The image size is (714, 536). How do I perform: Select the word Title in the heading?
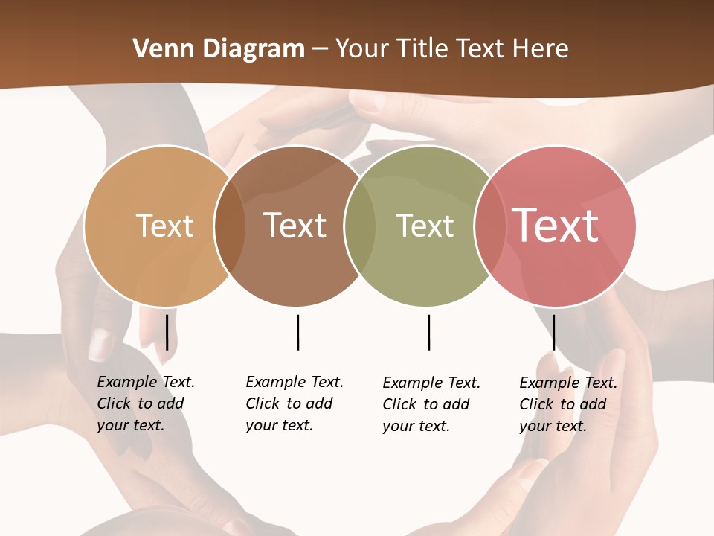[425, 49]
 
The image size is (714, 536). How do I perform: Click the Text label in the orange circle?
[164, 226]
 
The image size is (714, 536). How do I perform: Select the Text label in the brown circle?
[295, 226]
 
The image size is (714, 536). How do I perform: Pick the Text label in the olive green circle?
[425, 226]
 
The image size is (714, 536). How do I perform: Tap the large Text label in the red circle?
[555, 226]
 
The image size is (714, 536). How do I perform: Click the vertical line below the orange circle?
[167, 332]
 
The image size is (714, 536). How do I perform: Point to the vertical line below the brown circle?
[297, 332]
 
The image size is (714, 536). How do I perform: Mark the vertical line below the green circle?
[428, 332]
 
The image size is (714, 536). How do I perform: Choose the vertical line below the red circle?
[553, 332]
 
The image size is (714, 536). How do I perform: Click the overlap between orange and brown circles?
[230, 226]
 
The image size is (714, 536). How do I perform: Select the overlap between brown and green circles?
[360, 226]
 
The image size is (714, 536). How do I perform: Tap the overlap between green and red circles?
[489, 226]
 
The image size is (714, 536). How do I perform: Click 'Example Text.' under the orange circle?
[146, 382]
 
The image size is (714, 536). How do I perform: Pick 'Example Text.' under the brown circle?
[295, 382]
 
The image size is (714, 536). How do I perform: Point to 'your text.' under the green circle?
[416, 427]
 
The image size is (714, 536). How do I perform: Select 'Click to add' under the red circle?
[563, 404]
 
